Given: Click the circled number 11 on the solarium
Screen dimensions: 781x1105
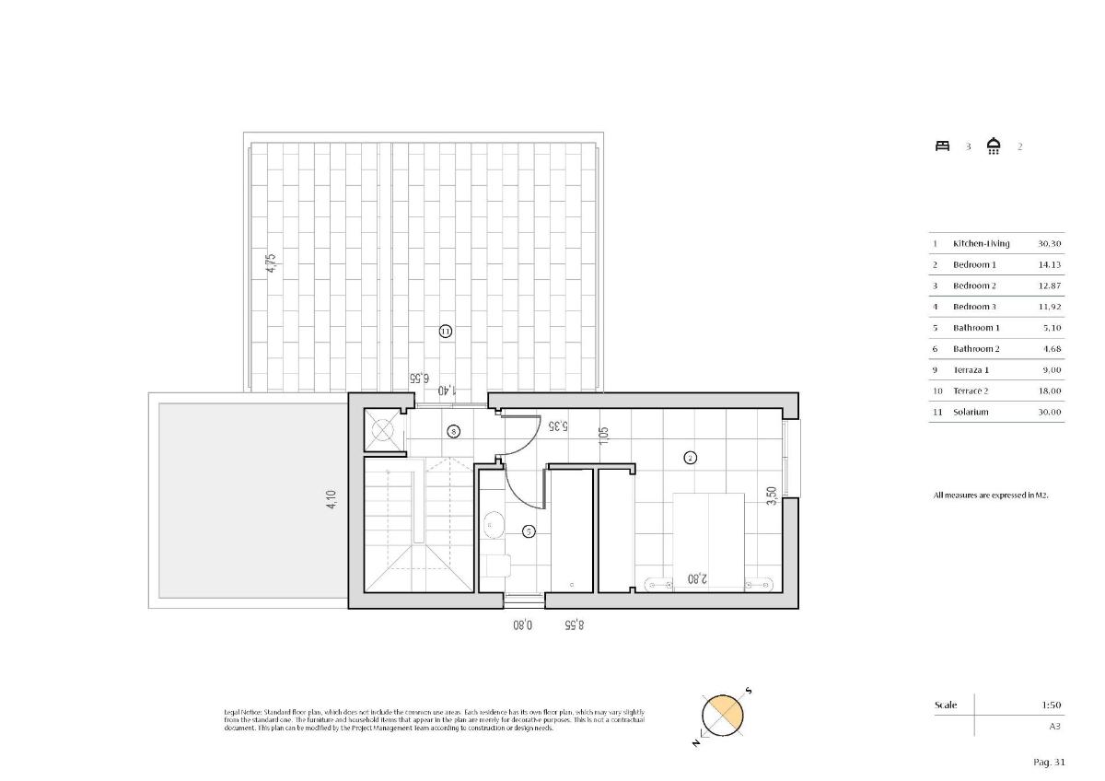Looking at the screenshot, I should (446, 331).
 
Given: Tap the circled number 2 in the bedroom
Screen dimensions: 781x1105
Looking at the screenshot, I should (690, 457).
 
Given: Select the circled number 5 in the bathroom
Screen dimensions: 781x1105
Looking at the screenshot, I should (529, 530).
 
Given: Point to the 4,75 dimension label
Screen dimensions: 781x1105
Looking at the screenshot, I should (270, 263).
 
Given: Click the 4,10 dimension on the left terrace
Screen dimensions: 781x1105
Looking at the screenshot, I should (331, 500).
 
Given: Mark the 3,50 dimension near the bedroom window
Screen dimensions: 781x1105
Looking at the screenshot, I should (772, 495).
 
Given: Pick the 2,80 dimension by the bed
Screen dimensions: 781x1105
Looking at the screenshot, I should (697, 579).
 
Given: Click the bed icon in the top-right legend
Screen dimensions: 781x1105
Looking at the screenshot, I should (942, 146).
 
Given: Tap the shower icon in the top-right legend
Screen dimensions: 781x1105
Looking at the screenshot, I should (994, 146).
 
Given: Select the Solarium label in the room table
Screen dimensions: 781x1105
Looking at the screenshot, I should (971, 412).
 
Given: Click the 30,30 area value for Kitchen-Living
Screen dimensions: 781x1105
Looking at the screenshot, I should (1049, 243).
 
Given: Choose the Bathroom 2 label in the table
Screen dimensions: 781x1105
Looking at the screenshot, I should (976, 349).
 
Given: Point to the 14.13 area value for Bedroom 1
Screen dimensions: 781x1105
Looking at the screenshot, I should (1050, 264).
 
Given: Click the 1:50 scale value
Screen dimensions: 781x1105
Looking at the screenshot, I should (1051, 705).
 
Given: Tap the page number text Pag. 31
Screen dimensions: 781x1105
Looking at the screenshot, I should (1049, 762).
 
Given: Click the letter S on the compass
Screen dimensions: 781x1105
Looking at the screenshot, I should (749, 691).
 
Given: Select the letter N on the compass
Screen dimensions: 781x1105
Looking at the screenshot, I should (697, 741).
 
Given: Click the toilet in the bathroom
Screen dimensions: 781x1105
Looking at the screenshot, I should (495, 564).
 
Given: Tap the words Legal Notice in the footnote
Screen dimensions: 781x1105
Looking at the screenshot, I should (242, 713).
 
